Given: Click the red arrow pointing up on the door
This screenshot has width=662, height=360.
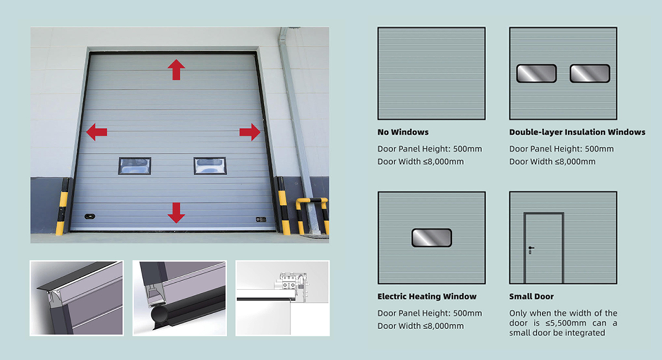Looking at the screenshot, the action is (x=177, y=69).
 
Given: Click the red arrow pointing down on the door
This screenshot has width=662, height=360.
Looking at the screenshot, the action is (x=177, y=213).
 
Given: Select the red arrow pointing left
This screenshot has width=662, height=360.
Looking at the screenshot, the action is (x=97, y=132).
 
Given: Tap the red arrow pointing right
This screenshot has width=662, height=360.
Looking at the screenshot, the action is (x=250, y=132).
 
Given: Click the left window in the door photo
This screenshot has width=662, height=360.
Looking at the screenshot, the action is (x=135, y=166).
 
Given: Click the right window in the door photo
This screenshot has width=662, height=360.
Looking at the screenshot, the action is (x=210, y=166).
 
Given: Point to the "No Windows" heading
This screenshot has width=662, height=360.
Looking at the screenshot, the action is (x=403, y=132).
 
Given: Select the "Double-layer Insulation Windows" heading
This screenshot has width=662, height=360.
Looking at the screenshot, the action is (x=577, y=132).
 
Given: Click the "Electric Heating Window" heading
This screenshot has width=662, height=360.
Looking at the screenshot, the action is (x=427, y=296).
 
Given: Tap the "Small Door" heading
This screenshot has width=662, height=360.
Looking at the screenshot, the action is (x=531, y=296).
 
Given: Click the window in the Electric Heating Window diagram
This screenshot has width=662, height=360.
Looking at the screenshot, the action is (x=431, y=238).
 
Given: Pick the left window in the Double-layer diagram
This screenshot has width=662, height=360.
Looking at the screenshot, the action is (x=536, y=73).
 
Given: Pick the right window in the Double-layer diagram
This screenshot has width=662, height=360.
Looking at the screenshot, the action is (x=590, y=73).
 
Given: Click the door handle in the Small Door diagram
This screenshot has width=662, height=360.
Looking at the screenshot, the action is (x=531, y=250).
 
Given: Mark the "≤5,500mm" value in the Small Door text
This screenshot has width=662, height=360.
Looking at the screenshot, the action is (x=566, y=323).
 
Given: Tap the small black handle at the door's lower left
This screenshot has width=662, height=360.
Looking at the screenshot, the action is (x=90, y=217).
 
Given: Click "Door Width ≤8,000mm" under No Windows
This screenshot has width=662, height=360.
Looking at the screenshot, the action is (x=420, y=162).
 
